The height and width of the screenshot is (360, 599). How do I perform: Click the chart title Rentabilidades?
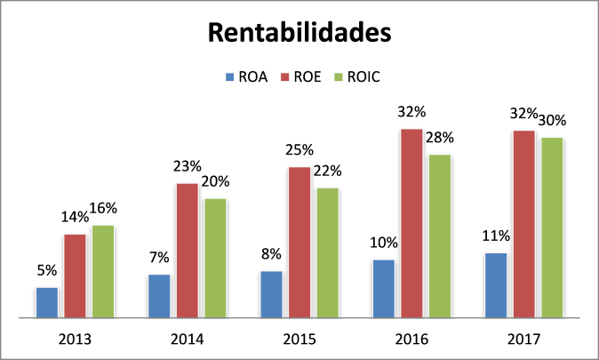299,33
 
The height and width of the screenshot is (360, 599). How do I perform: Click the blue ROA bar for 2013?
46,301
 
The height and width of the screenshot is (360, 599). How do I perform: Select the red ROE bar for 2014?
187,250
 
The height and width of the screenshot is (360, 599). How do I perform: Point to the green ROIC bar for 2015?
327,252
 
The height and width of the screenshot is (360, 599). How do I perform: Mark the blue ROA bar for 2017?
496,284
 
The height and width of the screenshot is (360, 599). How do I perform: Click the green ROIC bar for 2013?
103,270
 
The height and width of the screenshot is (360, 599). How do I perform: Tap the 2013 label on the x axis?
75,340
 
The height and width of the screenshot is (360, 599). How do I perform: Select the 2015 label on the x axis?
299,340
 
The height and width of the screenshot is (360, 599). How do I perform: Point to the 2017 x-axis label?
524,340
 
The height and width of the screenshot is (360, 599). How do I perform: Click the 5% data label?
46,270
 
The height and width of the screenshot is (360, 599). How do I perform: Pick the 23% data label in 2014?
187,165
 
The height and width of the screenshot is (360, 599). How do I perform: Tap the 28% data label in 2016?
439,137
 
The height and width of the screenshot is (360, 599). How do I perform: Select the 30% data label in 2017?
553,120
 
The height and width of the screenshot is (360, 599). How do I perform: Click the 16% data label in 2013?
103,208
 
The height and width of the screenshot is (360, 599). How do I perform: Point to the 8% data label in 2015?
271,253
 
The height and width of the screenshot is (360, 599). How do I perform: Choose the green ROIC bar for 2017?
552,227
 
